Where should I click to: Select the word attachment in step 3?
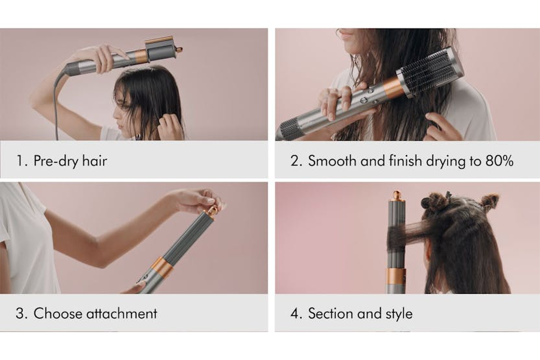pos(122,313)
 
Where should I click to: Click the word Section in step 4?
pos(330,313)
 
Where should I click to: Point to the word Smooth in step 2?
pos(332,160)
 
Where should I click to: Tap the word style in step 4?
pos(399,314)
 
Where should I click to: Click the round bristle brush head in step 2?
pos(429,71)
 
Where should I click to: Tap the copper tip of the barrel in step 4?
pos(397,195)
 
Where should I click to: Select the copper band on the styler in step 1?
pos(141,56)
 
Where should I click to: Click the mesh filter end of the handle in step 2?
pos(288,129)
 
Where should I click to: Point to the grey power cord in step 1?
pos(56,103)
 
